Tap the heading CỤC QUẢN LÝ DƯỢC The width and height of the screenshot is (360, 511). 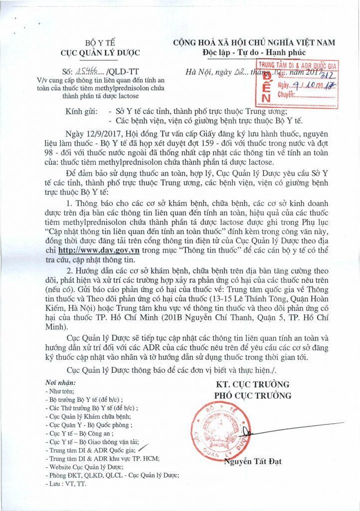point(100,53)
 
